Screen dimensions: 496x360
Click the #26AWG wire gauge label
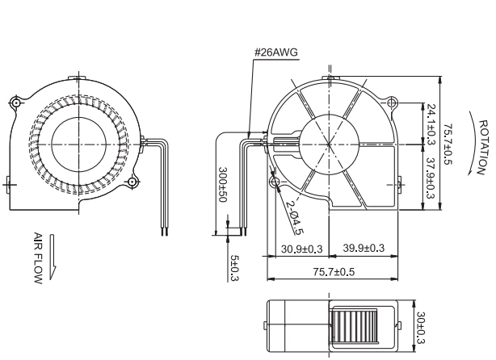[276, 52]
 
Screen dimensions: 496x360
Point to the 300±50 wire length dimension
[223, 185]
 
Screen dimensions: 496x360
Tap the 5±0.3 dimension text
[234, 268]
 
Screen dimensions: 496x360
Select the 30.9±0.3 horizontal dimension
[302, 249]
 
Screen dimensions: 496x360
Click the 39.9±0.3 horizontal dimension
[364, 248]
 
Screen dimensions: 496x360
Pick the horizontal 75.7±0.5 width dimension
[334, 272]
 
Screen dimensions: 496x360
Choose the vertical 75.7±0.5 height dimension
[448, 144]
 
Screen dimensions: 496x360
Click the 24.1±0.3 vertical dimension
[431, 124]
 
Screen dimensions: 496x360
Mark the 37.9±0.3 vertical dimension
[431, 178]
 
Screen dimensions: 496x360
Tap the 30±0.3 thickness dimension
[421, 328]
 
